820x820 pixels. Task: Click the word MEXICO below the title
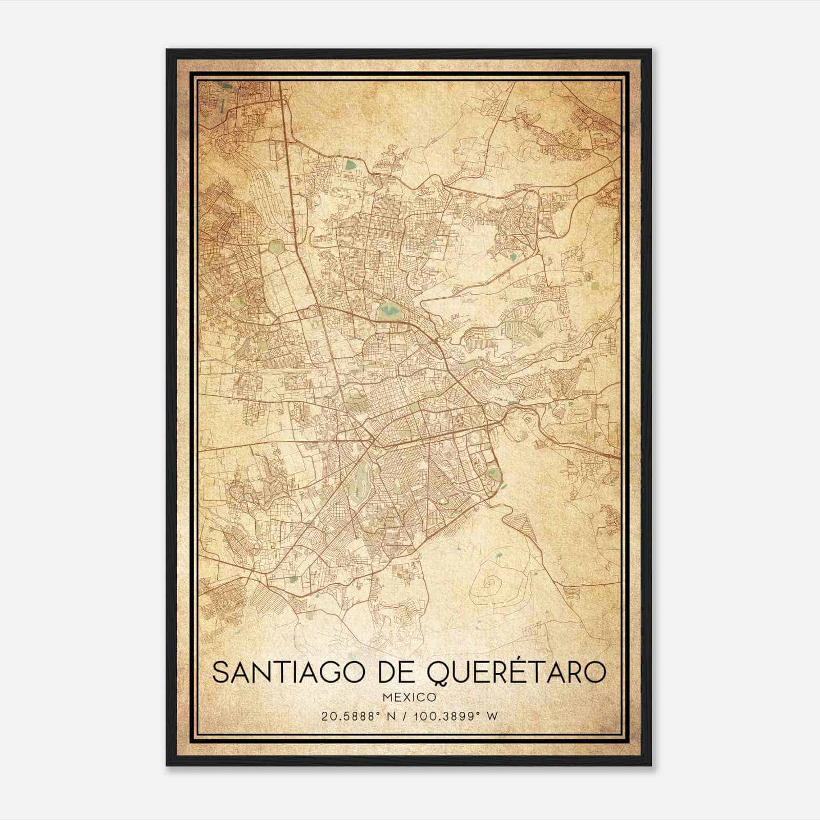(x=409, y=698)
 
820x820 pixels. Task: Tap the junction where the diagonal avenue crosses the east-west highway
(x=373, y=440)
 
